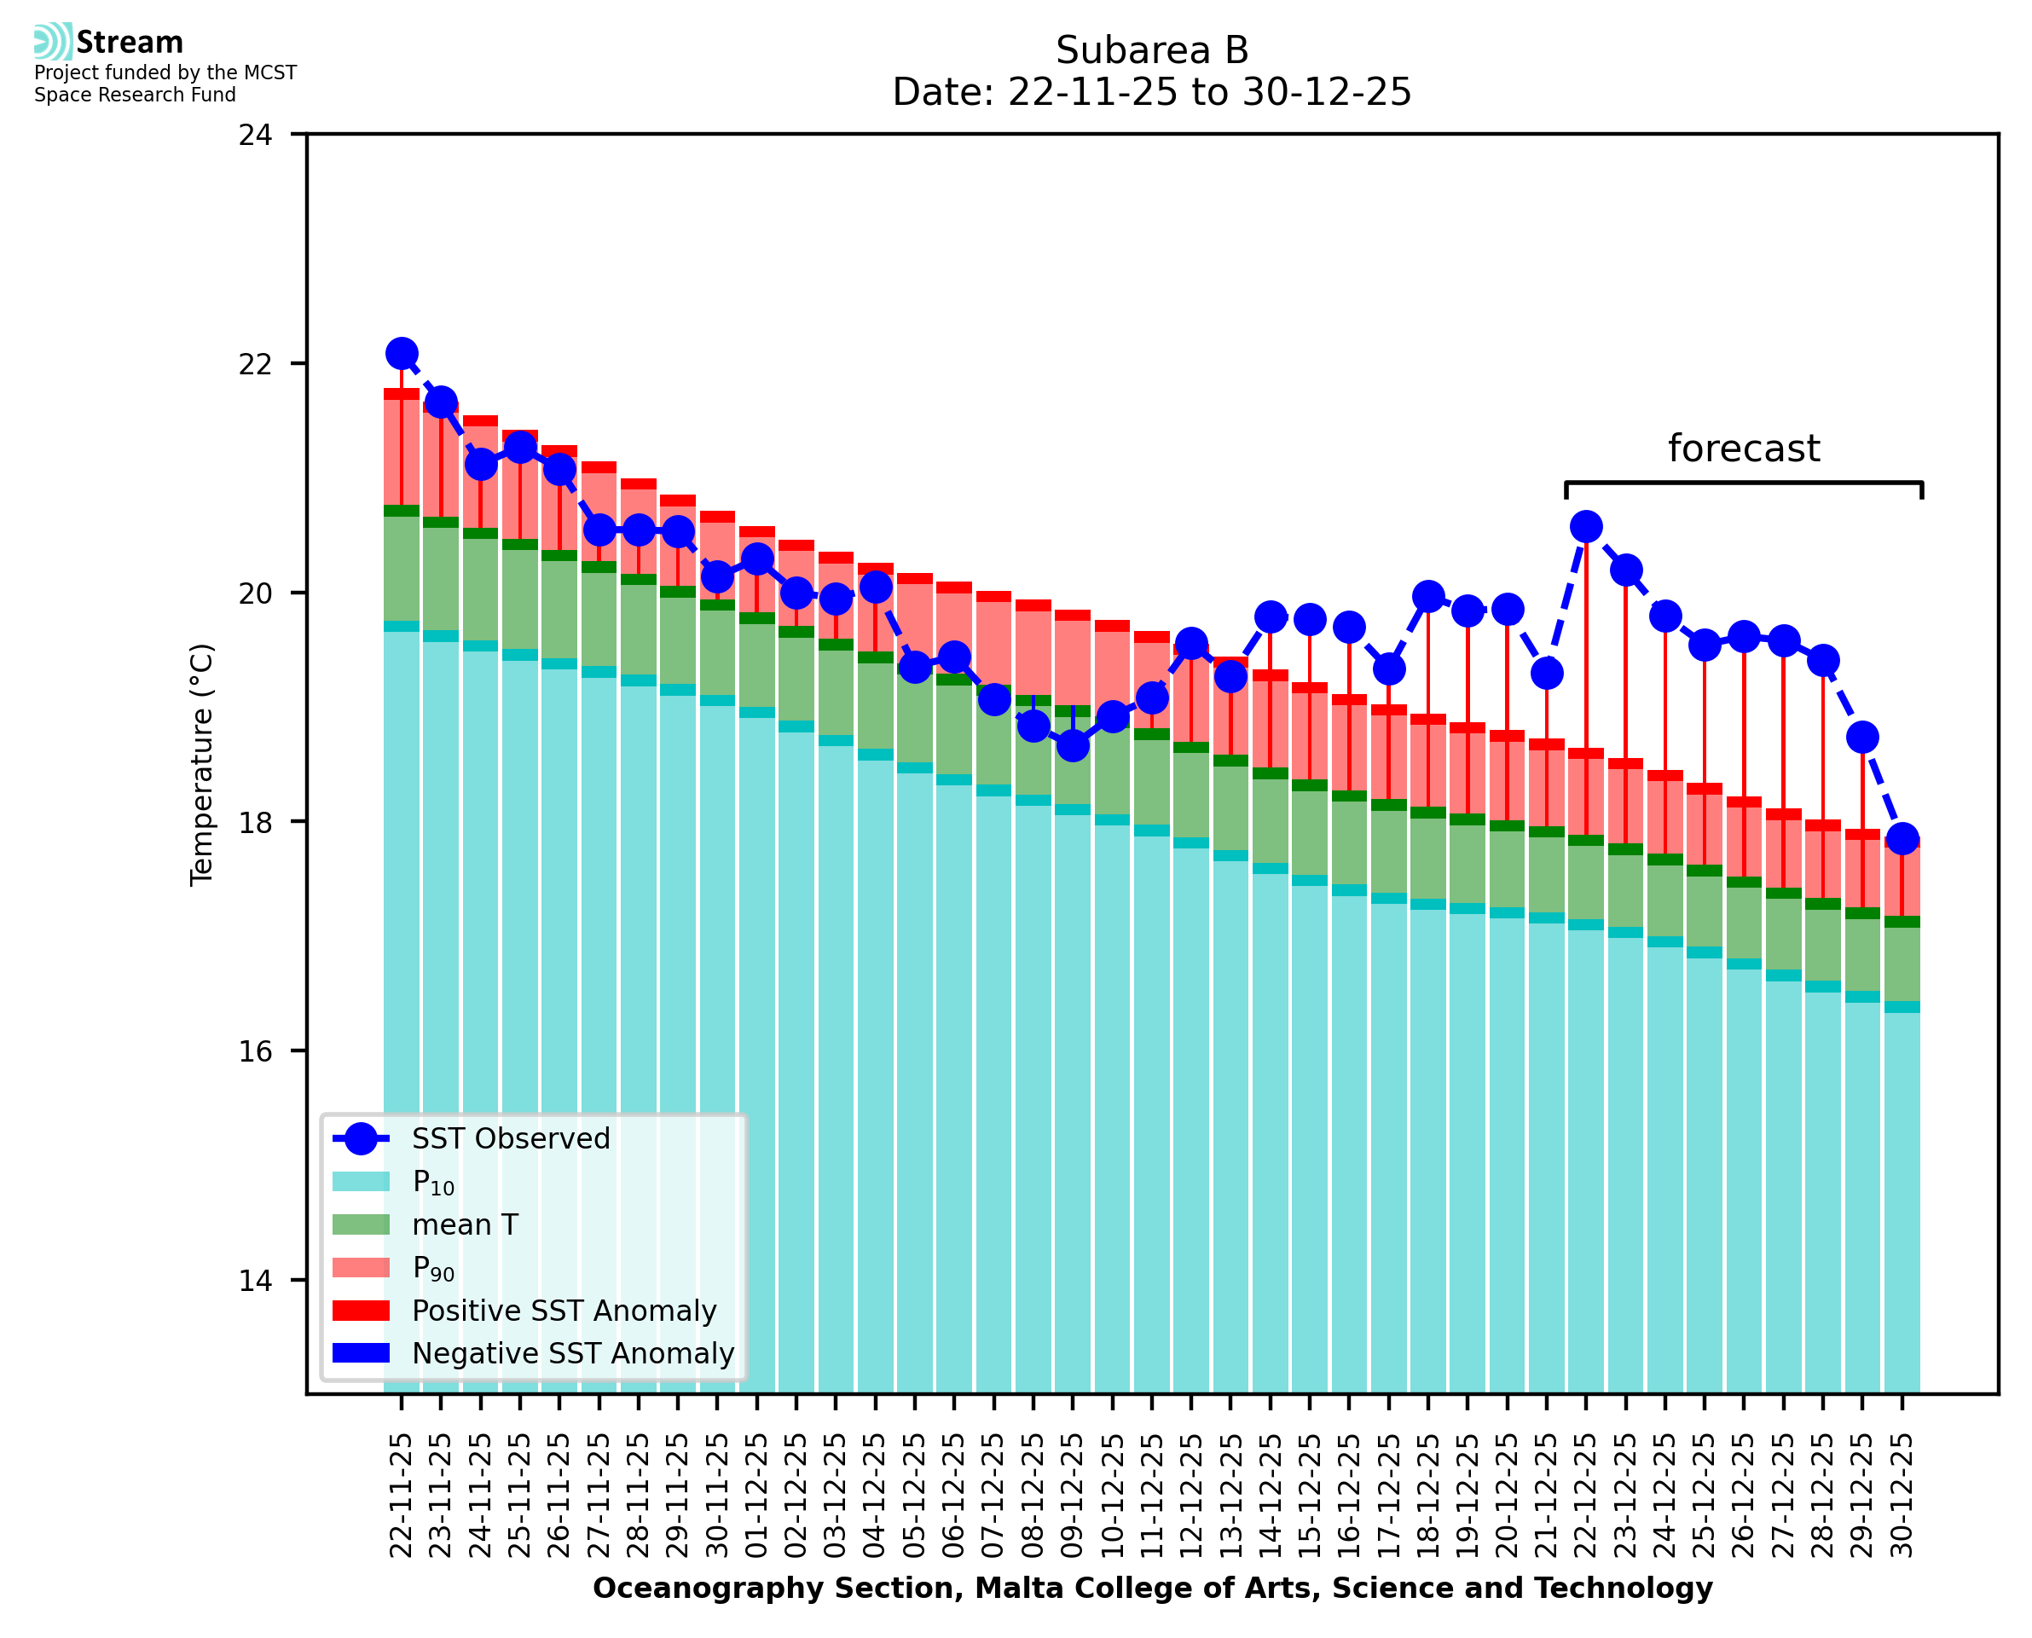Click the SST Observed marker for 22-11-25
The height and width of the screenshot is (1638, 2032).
click(402, 353)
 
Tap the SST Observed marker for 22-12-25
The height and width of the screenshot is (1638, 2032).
click(1586, 526)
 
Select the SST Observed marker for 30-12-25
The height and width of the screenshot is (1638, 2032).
click(1902, 838)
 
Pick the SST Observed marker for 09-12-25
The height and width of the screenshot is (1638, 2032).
click(1073, 745)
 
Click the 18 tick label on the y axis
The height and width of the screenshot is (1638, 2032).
click(255, 823)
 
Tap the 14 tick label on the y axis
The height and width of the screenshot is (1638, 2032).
click(255, 1282)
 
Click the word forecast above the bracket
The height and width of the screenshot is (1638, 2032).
click(1743, 449)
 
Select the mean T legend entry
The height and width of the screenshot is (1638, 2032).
click(464, 1224)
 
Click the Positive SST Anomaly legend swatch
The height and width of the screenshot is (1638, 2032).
click(361, 1311)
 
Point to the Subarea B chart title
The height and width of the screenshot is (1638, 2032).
click(1152, 50)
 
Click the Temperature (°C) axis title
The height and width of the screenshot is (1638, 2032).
click(202, 764)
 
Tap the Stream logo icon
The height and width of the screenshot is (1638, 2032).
click(53, 42)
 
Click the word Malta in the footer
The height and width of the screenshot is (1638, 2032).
click(1009, 1588)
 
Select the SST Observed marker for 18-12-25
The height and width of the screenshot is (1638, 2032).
click(1428, 596)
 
